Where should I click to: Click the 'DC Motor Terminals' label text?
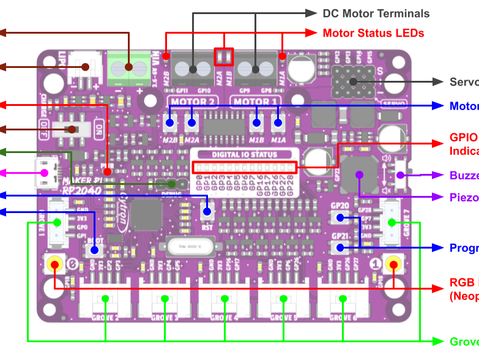pos(376,13)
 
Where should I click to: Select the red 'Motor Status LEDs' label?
pos(373,33)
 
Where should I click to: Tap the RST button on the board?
pos(207,212)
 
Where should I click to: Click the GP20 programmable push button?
pos(340,217)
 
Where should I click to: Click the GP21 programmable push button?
pos(340,247)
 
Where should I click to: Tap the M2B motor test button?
pos(170,122)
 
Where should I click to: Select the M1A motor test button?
pos(278,122)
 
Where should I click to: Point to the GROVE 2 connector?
pos(105,301)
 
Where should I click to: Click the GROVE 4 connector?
pos(225,301)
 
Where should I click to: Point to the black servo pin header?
pos(354,82)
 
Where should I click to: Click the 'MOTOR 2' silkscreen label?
pos(191,102)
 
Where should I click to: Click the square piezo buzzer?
pos(359,174)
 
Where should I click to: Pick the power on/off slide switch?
pos(75,129)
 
